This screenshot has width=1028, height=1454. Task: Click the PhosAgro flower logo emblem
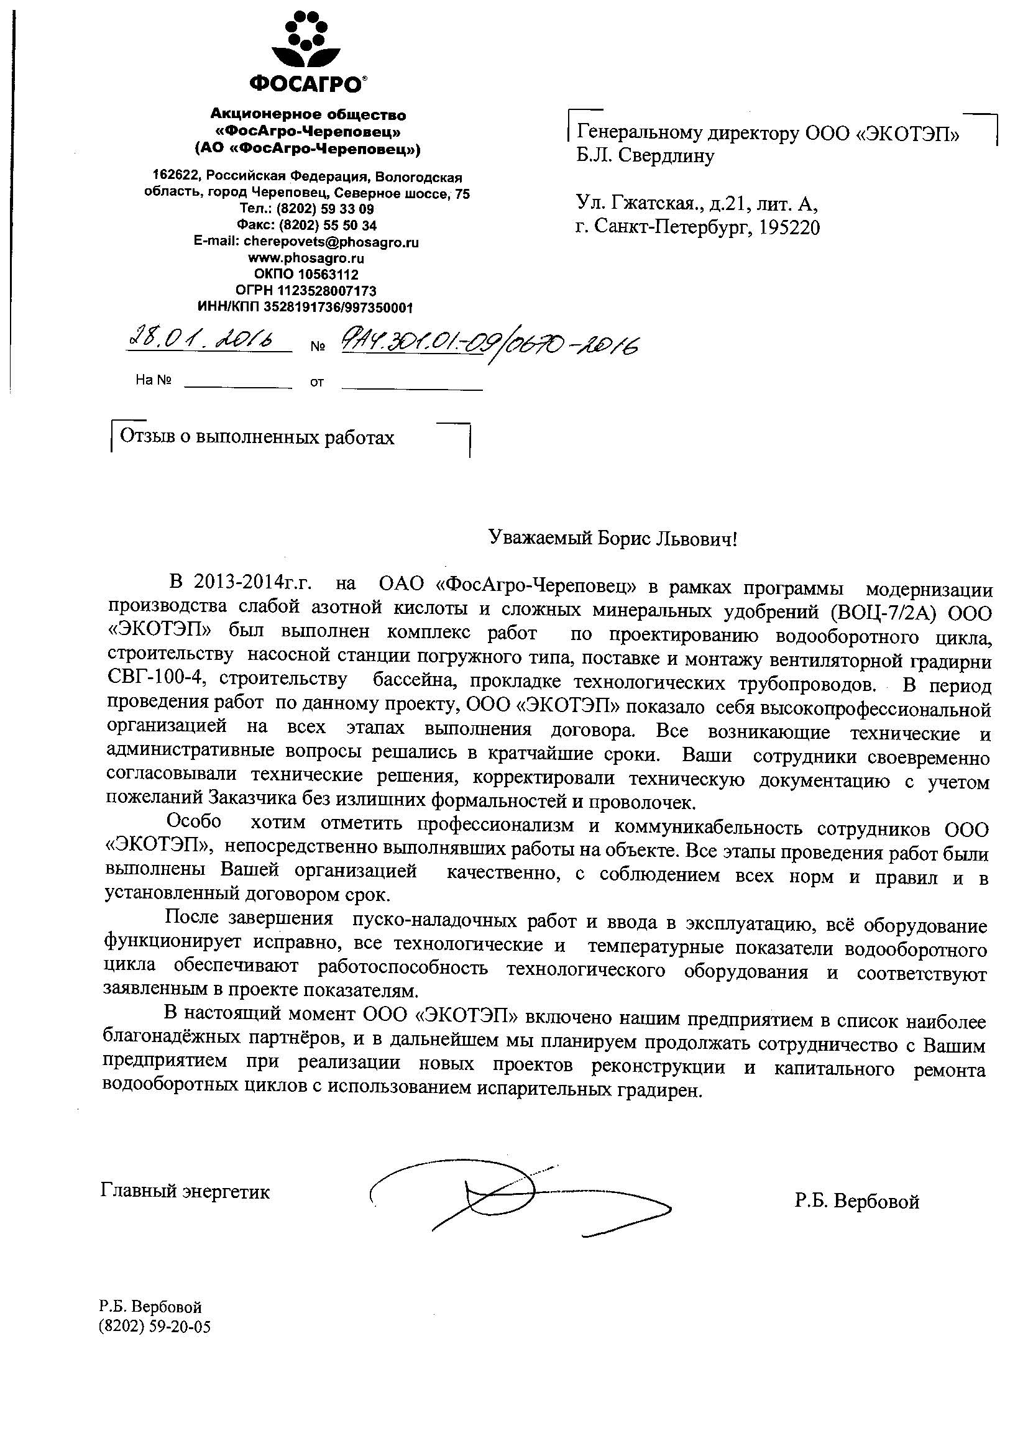click(x=308, y=39)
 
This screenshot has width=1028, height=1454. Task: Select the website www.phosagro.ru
click(x=306, y=258)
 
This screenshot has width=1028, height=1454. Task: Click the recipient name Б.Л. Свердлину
click(x=645, y=156)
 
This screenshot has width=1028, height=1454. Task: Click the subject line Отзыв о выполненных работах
click(x=257, y=437)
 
